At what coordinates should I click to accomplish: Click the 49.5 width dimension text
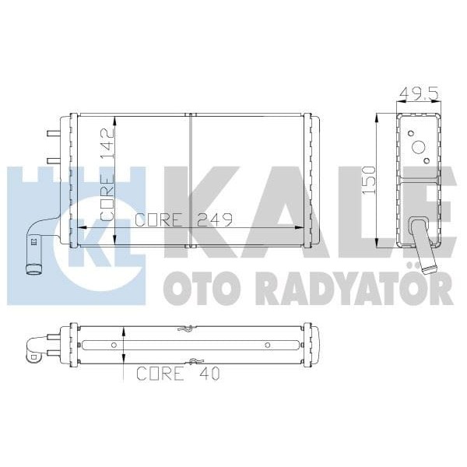pyautogui.click(x=416, y=94)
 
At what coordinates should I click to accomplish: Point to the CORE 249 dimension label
pyautogui.click(x=184, y=219)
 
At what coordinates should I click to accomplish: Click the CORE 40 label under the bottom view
pyautogui.click(x=177, y=374)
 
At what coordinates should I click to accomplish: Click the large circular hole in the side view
pyautogui.click(x=418, y=147)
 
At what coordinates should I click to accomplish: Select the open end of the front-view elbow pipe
pyautogui.click(x=34, y=271)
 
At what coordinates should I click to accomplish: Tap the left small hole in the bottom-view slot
pyautogui.click(x=114, y=345)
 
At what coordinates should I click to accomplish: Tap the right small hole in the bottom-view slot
pyautogui.click(x=267, y=345)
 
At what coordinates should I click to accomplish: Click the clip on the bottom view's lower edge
pyautogui.click(x=194, y=361)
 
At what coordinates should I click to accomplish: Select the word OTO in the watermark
pyautogui.click(x=191, y=290)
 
